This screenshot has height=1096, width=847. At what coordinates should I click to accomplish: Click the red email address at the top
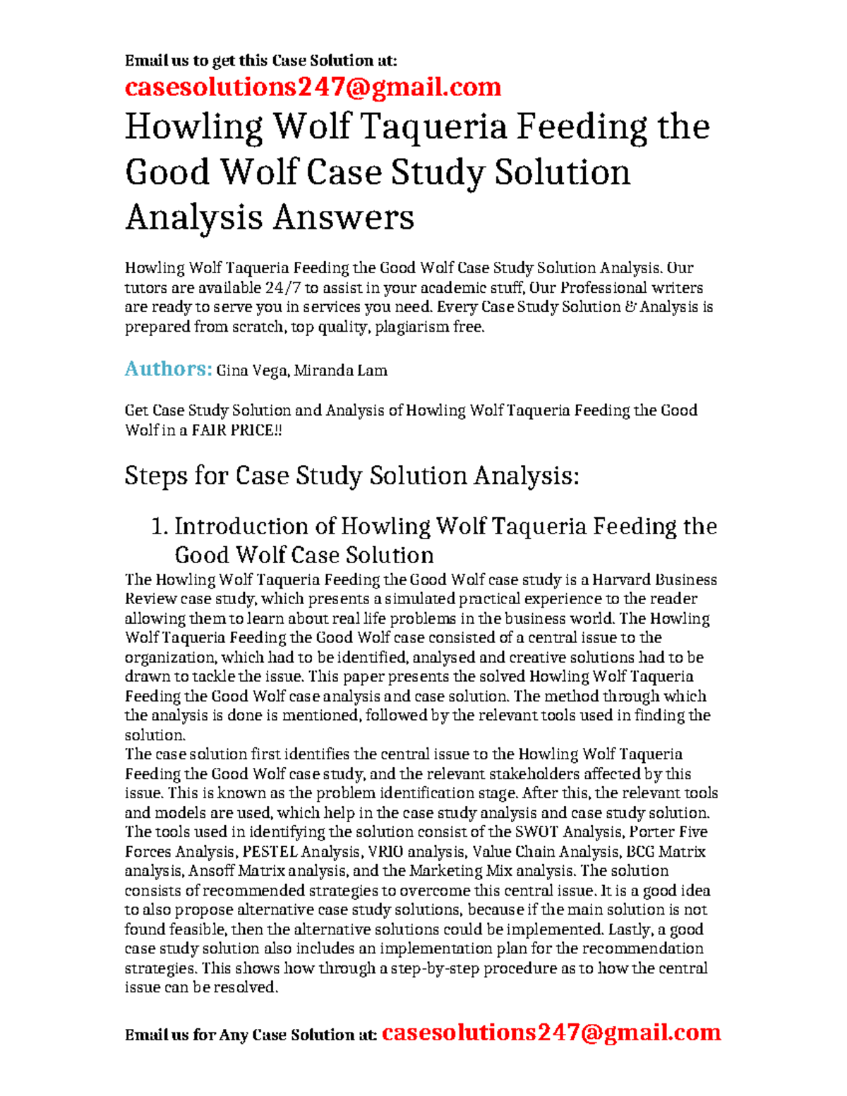(x=313, y=87)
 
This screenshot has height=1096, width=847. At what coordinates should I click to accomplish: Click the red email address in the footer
(x=551, y=1032)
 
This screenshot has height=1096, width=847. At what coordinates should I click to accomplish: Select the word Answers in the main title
(x=344, y=217)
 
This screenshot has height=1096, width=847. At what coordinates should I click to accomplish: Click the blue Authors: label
(x=168, y=368)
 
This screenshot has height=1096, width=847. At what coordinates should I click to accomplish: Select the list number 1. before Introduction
(x=160, y=526)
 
